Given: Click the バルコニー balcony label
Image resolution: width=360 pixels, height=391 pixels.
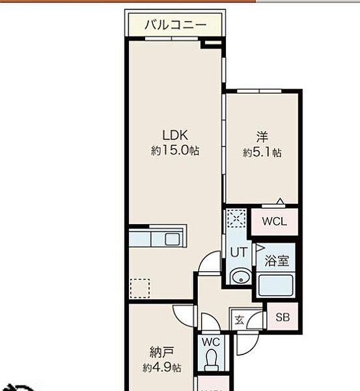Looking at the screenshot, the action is tap(175, 25).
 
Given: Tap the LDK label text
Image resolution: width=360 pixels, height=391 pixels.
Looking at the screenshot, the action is tap(175, 135).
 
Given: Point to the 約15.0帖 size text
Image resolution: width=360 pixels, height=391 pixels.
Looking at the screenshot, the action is tap(175, 151).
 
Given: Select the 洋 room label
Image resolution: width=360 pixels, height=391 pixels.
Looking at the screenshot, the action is tap(262, 137).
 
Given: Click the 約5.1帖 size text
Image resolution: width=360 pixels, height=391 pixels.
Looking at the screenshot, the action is tap(262, 152).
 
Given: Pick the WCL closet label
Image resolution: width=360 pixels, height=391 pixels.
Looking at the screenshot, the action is tap(274, 221).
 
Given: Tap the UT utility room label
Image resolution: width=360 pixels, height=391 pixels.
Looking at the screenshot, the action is tap(239, 252).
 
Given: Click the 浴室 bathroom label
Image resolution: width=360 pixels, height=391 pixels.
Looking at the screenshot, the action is tap(277, 261).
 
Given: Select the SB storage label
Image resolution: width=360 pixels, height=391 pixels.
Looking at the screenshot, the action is tap(283, 317).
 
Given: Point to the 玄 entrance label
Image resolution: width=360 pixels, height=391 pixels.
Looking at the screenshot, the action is tap(240, 320).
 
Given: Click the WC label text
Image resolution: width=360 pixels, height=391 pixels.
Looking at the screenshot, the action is tap(211, 342).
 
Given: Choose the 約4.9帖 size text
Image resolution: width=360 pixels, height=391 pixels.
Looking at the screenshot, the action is tap(161, 368).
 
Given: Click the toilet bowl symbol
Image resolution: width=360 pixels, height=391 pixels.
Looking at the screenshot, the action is tap(212, 360).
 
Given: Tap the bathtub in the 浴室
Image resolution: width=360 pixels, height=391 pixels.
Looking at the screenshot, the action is tap(275, 285).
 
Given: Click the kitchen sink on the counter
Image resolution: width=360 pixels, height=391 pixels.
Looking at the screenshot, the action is tap(172, 240).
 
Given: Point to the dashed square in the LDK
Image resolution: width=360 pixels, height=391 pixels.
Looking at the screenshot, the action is tap(140, 288).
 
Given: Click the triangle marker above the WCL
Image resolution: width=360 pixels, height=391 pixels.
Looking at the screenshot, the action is tap(281, 201).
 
